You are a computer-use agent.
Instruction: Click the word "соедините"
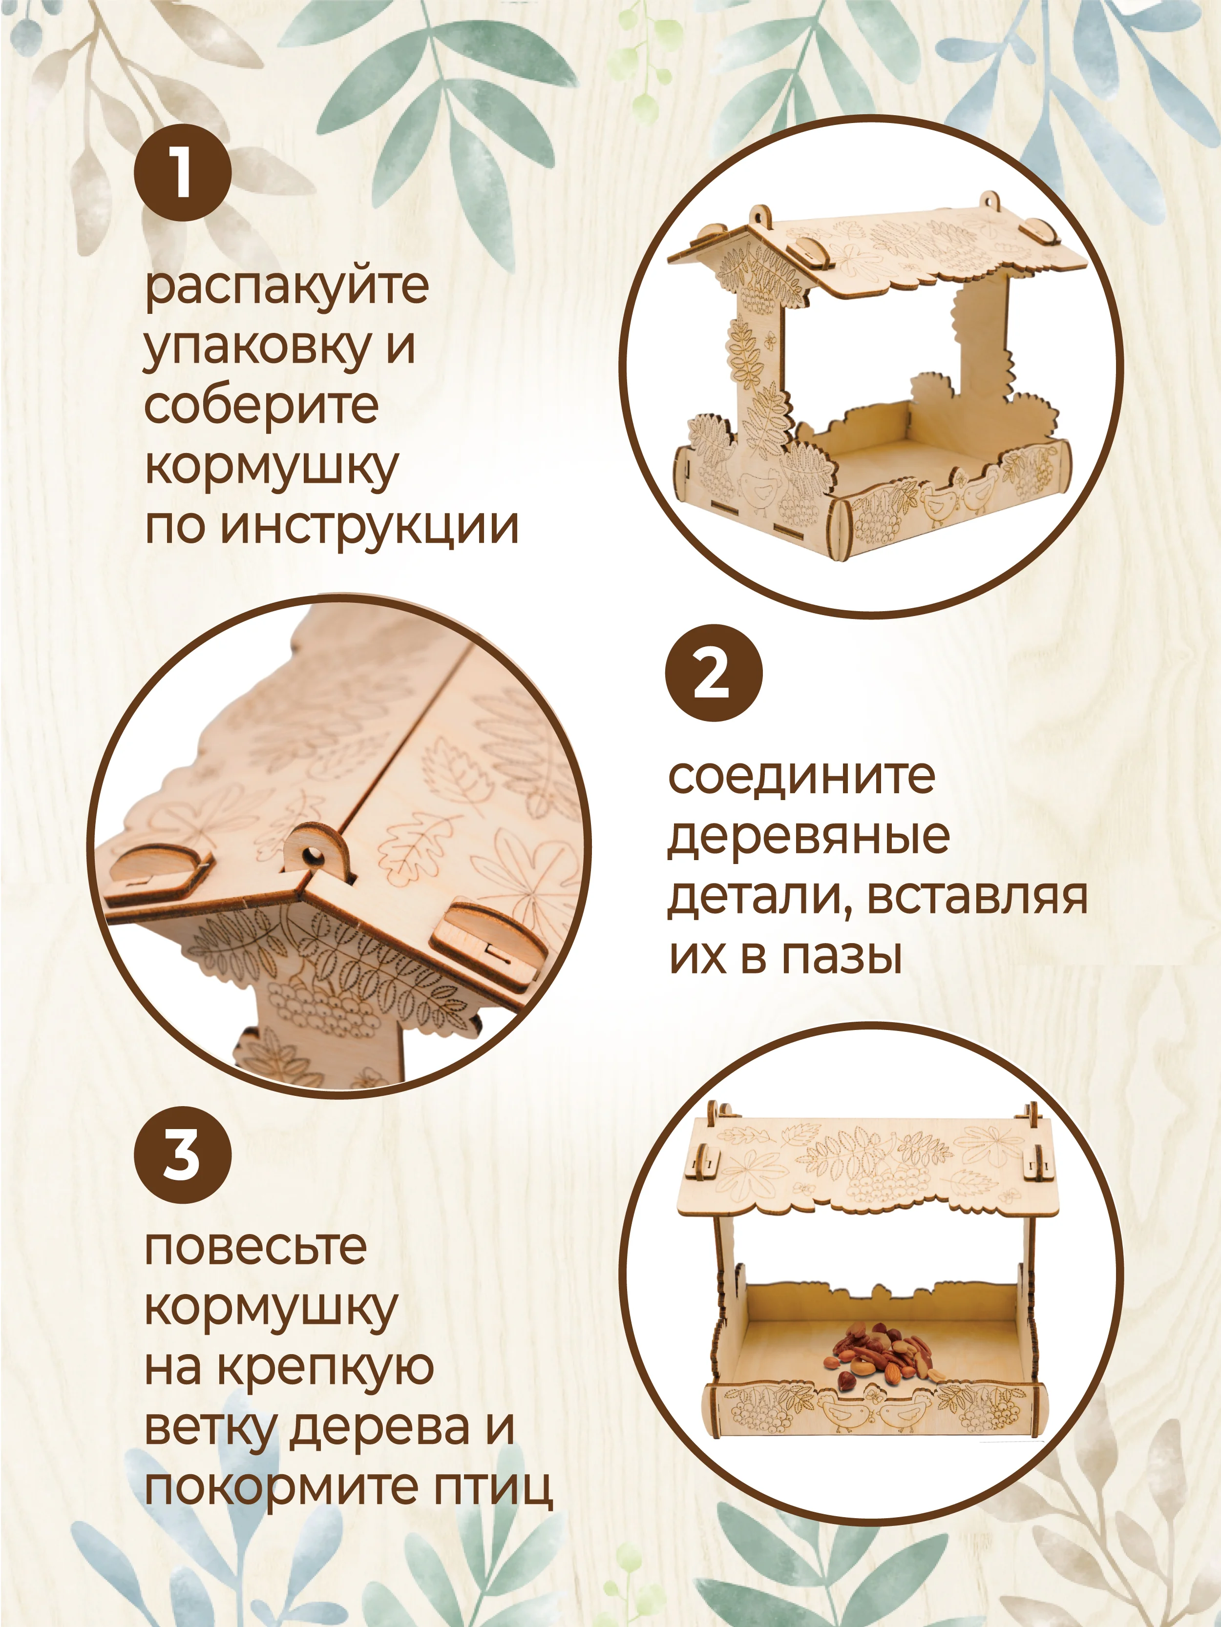click(x=801, y=776)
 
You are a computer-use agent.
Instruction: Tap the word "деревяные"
click(x=808, y=837)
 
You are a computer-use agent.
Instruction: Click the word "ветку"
click(x=210, y=1429)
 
